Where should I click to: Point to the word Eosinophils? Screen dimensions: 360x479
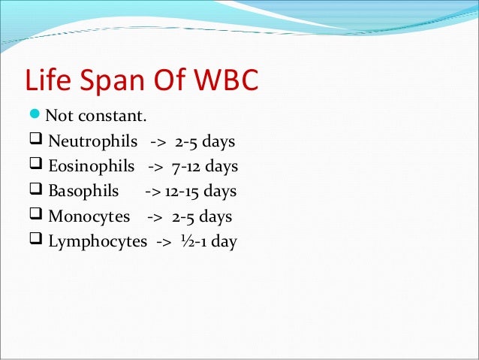(x=91, y=167)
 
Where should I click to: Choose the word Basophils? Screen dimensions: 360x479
(x=83, y=192)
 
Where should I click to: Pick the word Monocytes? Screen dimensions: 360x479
(x=89, y=217)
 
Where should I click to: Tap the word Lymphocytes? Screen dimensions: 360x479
(x=98, y=242)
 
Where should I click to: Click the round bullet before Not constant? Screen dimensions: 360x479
(x=35, y=116)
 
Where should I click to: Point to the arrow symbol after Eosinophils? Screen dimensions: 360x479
(x=156, y=167)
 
